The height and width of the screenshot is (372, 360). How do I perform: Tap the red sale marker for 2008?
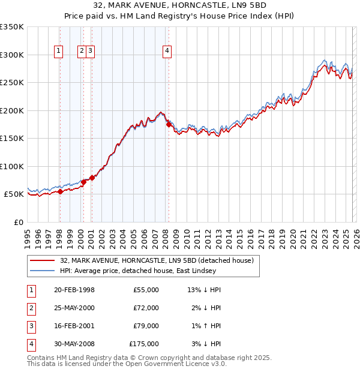169,125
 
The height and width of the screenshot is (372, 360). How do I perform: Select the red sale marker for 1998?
60,192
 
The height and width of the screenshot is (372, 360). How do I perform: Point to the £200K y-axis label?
12,110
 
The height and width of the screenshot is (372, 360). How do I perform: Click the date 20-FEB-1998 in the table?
74,290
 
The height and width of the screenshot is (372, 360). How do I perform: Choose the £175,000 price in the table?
144,344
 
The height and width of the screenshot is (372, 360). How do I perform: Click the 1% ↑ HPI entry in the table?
207,326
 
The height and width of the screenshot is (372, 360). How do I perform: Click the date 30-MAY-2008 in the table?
74,344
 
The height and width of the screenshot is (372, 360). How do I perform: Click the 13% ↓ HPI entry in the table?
205,290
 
